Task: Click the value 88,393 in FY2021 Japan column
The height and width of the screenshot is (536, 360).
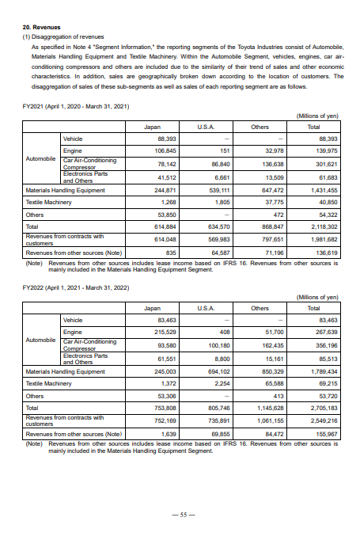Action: tap(165, 139)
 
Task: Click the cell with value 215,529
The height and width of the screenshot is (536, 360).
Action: tap(165, 332)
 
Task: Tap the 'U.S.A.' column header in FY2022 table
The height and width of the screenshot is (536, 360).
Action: tap(206, 307)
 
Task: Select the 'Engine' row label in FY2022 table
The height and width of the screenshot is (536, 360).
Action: tap(73, 332)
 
